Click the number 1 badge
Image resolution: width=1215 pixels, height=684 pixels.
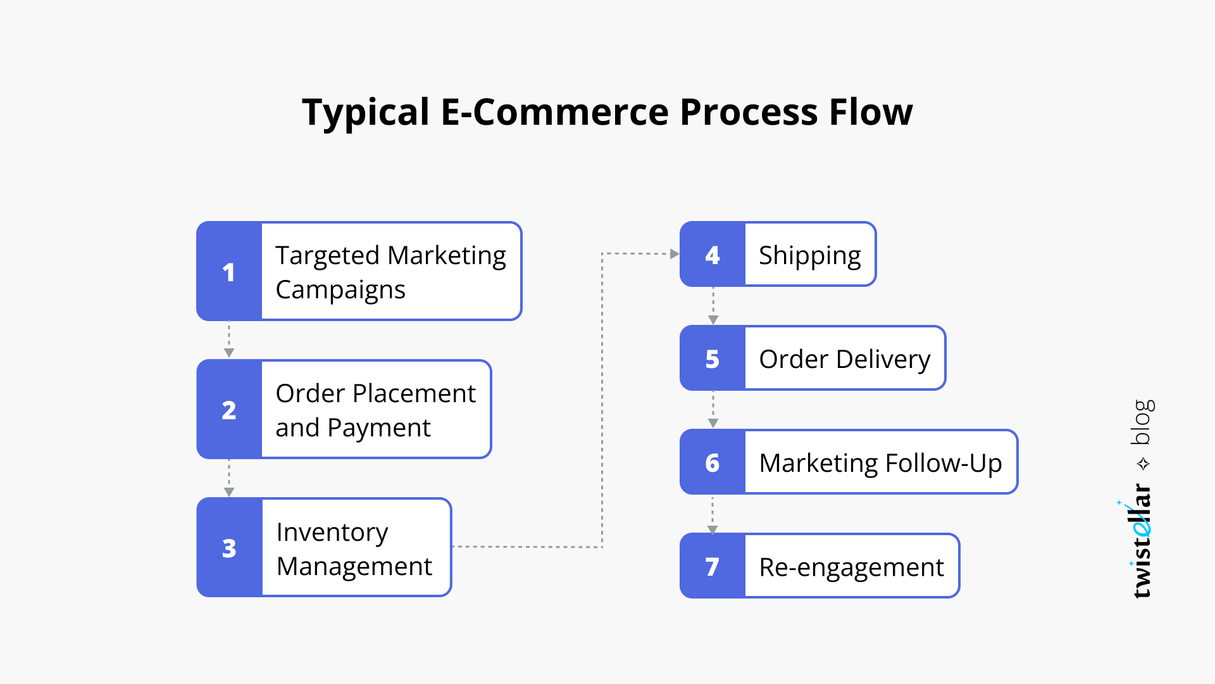pos(229,271)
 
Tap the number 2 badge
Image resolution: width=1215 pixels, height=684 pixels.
pos(229,409)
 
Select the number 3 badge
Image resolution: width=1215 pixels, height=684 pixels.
pos(229,547)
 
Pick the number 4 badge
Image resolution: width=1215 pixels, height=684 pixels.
pos(713,254)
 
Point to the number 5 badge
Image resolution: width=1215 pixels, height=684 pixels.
pos(713,358)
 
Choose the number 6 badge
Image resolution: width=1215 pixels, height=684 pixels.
pos(713,462)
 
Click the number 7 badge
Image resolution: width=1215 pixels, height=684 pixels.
pos(713,566)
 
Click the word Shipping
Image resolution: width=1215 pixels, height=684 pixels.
pos(810,256)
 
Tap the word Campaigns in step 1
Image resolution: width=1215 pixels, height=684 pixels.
pos(340,291)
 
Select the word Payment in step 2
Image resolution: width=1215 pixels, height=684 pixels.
pos(379,429)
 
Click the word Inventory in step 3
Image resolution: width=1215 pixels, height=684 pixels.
pos(332,533)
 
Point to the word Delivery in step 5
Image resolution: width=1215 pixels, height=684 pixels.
pos(883,360)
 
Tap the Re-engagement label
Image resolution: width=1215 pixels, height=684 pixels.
pos(852,568)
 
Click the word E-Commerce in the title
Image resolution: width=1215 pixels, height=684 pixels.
pos(555,112)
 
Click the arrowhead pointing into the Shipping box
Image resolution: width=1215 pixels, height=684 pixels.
pos(675,254)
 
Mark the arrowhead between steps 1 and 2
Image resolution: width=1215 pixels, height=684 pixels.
pos(229,353)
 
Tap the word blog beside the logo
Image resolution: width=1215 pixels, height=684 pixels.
pos(1143,422)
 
